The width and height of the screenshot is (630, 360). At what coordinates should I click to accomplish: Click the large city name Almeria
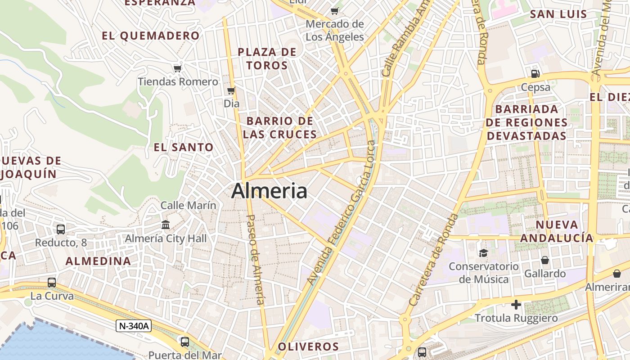coord(269,191)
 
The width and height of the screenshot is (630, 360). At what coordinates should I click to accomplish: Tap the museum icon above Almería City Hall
coord(166,225)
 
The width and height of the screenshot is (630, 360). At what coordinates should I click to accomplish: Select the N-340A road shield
coord(133,326)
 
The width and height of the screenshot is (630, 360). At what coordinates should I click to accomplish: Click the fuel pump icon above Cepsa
coord(535,73)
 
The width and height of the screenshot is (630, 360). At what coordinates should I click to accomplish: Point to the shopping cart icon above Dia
coord(231,91)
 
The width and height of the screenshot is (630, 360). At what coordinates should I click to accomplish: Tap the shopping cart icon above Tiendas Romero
coord(178,68)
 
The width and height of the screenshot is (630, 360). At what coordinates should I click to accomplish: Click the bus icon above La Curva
coord(52,283)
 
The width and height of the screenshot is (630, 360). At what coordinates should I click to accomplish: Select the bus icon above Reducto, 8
coord(61,229)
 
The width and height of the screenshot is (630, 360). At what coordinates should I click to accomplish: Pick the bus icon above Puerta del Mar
coord(184,342)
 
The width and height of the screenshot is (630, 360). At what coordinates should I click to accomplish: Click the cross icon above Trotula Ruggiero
coord(516,305)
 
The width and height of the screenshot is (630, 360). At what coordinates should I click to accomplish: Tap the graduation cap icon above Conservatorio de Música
coord(483,253)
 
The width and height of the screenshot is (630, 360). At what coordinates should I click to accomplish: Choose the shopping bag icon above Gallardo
coord(544,260)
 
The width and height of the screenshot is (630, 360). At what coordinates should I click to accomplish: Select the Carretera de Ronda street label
coord(434,260)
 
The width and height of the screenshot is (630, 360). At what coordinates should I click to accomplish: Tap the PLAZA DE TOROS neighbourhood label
coord(267,58)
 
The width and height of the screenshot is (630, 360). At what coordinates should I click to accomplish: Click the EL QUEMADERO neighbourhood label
coord(150,36)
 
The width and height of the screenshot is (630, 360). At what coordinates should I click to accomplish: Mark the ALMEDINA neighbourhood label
coord(98,261)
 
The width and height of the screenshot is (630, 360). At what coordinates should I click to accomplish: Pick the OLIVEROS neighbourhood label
coord(308,346)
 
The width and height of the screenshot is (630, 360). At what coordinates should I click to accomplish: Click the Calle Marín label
coord(189,205)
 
